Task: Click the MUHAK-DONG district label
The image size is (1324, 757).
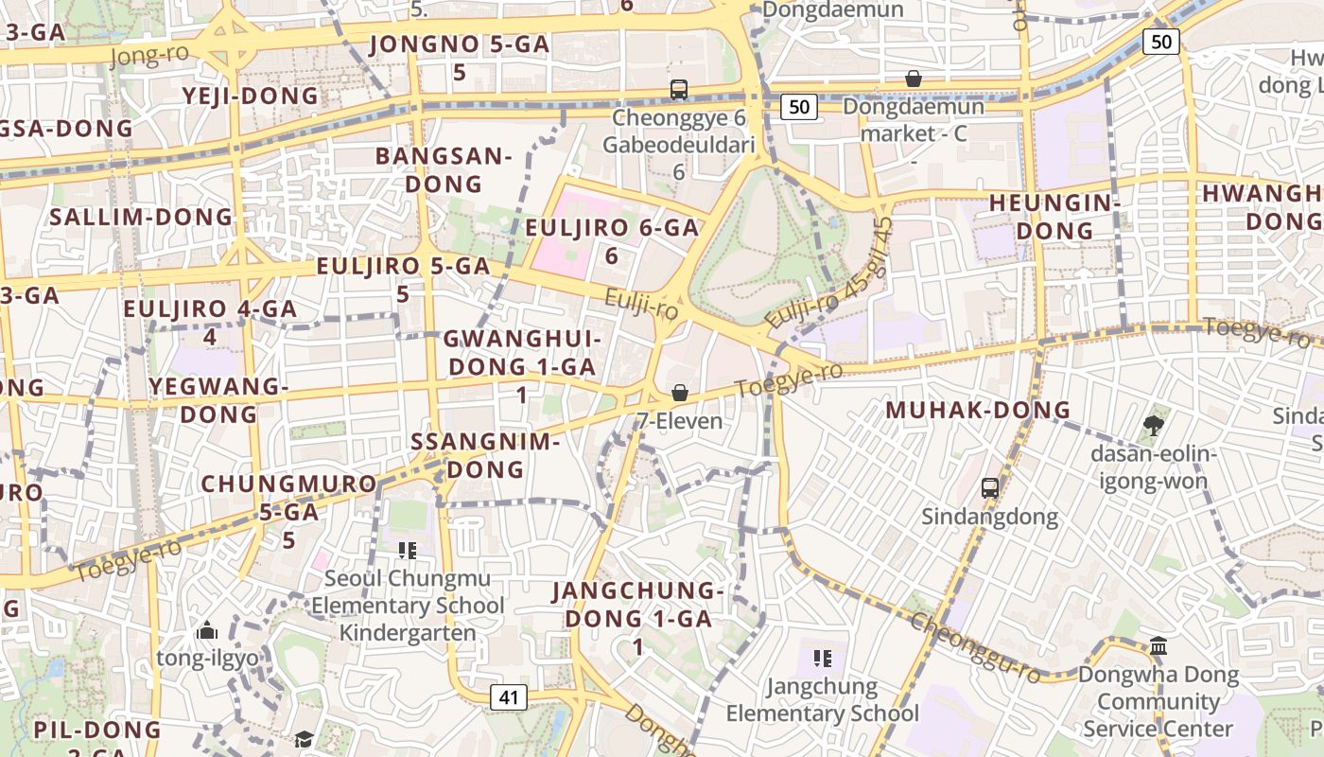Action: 978,411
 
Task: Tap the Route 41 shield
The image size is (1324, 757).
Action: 509,698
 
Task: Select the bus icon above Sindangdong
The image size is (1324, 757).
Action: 990,488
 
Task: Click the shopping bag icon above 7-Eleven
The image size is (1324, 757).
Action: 679,393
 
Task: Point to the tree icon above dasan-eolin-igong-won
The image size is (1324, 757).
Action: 1153,425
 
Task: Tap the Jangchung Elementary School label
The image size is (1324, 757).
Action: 822,699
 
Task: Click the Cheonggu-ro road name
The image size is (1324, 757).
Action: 975,647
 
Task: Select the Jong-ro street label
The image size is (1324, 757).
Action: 149,56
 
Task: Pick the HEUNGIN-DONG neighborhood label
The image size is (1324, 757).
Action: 1054,217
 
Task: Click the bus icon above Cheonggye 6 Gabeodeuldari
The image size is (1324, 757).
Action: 678,90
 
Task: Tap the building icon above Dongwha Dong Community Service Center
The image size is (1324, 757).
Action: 1158,646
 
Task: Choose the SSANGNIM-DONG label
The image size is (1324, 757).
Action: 486,455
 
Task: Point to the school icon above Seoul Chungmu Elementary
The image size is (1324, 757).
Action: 408,550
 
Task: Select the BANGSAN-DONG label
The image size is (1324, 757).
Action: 444,169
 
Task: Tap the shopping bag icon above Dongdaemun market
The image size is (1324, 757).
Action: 914,79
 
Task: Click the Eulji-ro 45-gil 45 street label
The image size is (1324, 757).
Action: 830,274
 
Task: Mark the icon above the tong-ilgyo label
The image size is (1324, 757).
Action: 207,630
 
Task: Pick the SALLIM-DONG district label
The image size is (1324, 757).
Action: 141,217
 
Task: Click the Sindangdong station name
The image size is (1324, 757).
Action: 990,517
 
